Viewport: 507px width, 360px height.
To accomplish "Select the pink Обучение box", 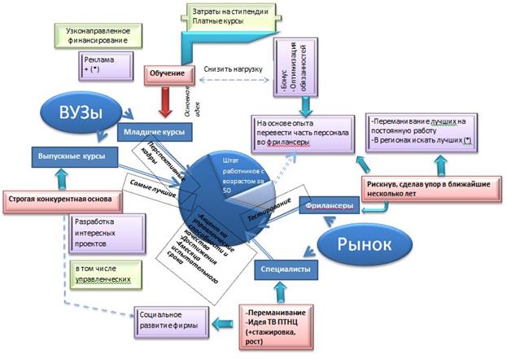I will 166,73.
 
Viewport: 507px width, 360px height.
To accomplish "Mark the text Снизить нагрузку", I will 233,69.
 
